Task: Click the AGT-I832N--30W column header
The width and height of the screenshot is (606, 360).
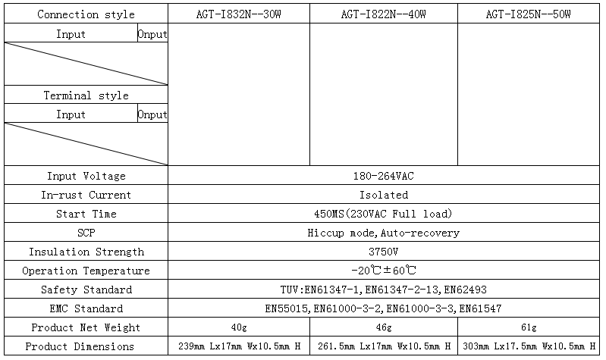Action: pos(238,14)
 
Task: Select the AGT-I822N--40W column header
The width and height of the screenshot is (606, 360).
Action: pos(383,14)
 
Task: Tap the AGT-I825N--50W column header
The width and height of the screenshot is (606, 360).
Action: pos(529,14)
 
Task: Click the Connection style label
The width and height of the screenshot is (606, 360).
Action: pos(86,14)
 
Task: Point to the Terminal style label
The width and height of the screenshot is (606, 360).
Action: pos(86,95)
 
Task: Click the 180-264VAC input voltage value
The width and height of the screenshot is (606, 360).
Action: pos(383,176)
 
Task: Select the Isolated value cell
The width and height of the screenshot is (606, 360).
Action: pos(384,195)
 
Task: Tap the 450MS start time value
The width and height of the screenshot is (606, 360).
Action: pos(383,214)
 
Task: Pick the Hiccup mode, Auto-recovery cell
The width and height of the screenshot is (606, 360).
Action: pos(383,233)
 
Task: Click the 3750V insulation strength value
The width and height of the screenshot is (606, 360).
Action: pos(383,252)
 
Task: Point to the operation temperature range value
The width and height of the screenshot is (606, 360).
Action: pos(384,271)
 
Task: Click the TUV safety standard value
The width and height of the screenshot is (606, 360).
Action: pos(383,290)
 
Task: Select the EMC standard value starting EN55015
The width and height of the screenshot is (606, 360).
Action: pos(383,308)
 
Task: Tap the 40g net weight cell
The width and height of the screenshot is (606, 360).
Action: pos(239,327)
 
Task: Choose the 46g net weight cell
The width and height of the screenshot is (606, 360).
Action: pos(384,327)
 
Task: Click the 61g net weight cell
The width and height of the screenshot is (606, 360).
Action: pos(529,327)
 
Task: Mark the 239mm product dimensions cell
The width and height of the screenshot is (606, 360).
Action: pos(239,346)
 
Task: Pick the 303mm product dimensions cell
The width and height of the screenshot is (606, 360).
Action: pos(529,346)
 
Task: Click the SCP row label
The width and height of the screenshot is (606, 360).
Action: pos(86,233)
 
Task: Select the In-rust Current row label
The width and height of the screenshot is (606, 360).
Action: pos(86,195)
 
